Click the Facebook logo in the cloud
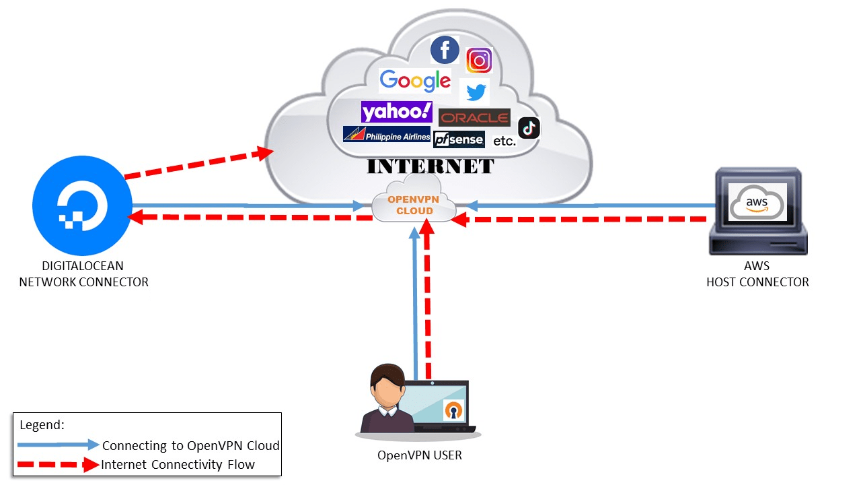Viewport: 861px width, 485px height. pos(445,51)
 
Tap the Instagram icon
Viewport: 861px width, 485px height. pos(479,61)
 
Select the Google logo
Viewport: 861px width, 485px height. pos(415,81)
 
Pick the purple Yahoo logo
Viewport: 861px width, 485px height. pos(396,111)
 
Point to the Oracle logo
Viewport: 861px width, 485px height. pos(474,118)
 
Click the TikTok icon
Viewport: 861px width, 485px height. pos(529,127)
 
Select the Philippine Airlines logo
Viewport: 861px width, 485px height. pos(387,135)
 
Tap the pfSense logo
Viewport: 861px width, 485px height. pos(459,139)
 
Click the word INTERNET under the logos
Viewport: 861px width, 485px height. pos(430,166)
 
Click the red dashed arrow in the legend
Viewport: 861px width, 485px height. pos(58,464)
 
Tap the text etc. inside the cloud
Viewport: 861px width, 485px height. pos(504,141)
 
